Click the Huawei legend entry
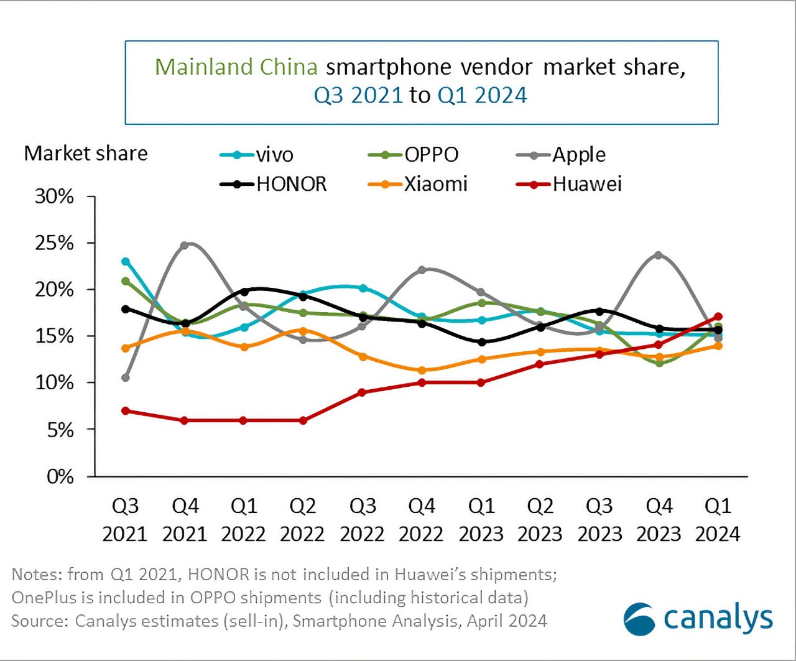pyautogui.click(x=569, y=184)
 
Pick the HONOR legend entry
pyautogui.click(x=274, y=184)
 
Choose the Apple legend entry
pyautogui.click(x=561, y=155)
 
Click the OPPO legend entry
pyautogui.click(x=413, y=155)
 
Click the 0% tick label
pyautogui.click(x=61, y=476)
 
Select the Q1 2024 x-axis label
pyautogui.click(x=718, y=520)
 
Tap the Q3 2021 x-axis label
pyautogui.click(x=125, y=520)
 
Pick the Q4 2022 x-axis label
pyautogui.click(x=422, y=520)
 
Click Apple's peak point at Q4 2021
pyautogui.click(x=185, y=245)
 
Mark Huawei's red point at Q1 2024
pyautogui.click(x=718, y=317)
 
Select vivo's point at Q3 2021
pyautogui.click(x=126, y=261)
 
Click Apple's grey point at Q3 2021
pyautogui.click(x=126, y=377)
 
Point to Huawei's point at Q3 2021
pyautogui.click(x=126, y=410)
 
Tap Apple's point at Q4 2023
pyautogui.click(x=659, y=255)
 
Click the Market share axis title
pyautogui.click(x=86, y=154)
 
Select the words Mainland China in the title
pyautogui.click(x=236, y=67)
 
